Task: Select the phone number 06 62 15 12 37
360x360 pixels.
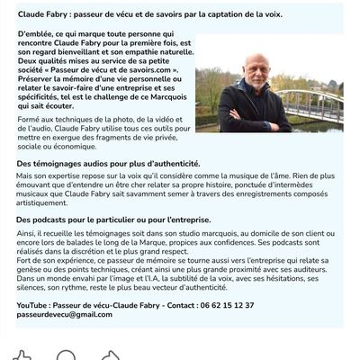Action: point(224,306)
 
